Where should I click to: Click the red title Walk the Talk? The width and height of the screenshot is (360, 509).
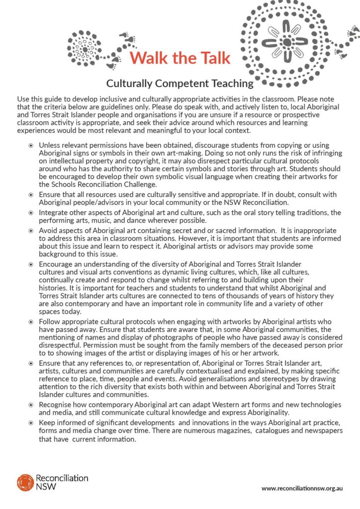(180, 58)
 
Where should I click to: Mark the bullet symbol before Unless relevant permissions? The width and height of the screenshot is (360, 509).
(31, 145)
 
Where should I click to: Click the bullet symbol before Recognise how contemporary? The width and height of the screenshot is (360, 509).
(31, 405)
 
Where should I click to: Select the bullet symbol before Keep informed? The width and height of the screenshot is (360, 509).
(31, 423)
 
